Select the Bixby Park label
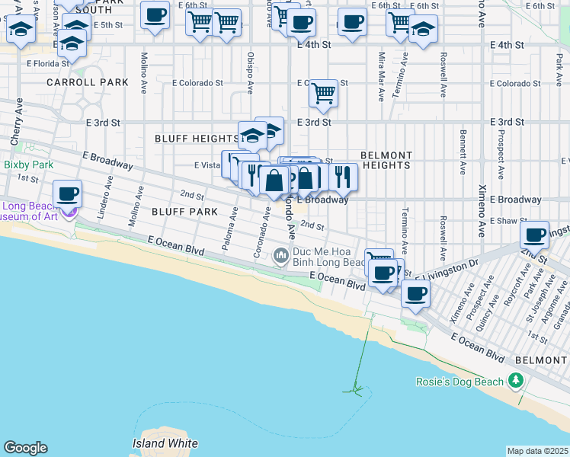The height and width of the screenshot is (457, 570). (28, 164)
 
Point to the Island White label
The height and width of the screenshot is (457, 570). (165, 443)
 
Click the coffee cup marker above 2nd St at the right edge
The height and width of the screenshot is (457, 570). (535, 234)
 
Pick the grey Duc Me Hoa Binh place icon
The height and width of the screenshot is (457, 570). (281, 254)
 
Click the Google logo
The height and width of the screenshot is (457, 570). (25, 448)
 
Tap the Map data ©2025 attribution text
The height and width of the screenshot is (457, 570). (537, 451)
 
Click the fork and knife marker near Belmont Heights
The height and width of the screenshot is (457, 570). (344, 177)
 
